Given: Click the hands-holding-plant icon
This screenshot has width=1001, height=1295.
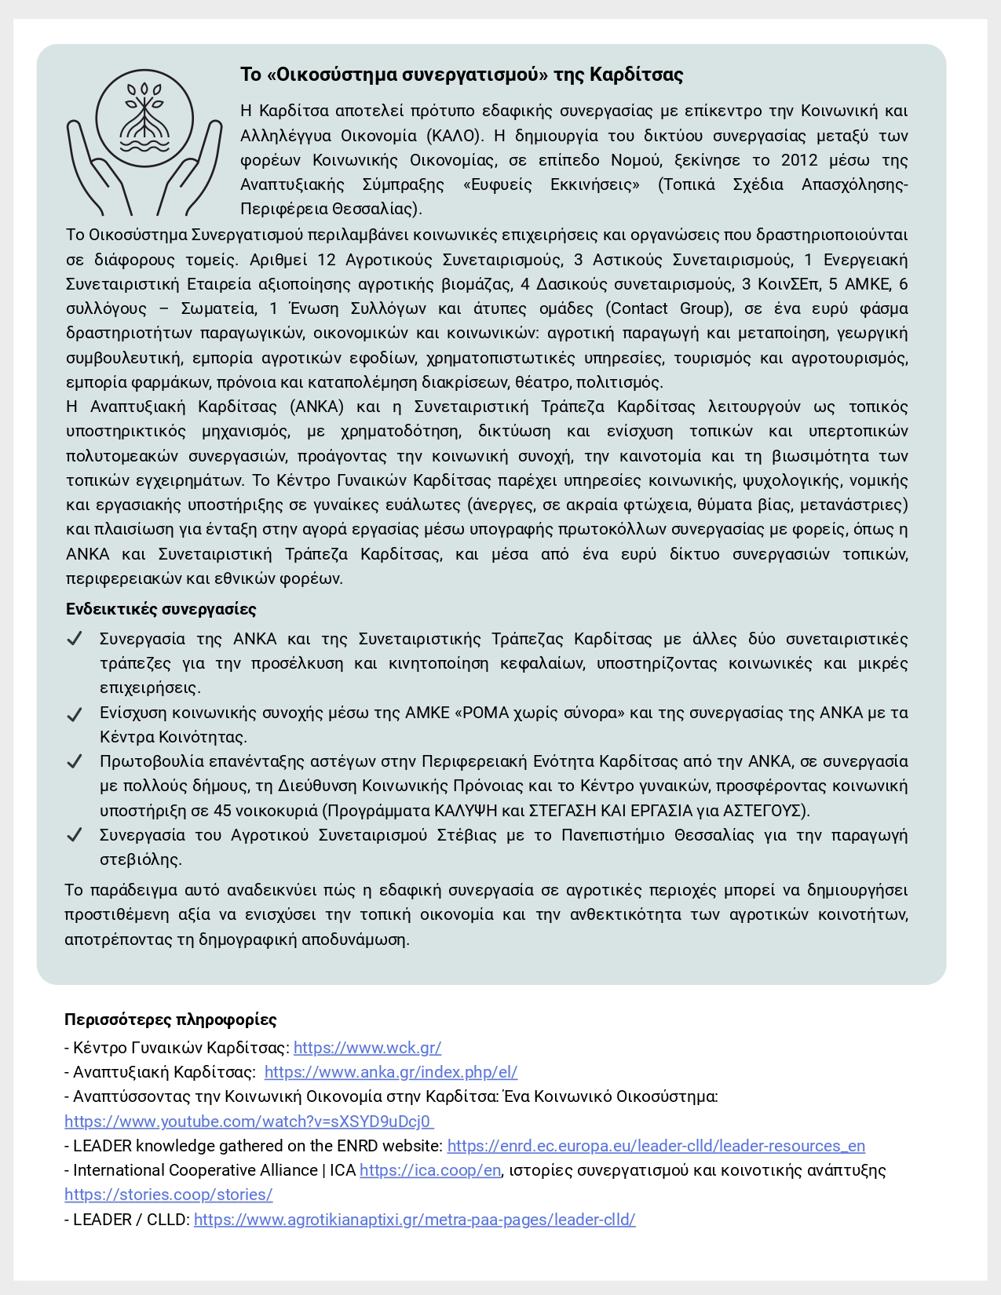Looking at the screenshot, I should pyautogui.click(x=144, y=141).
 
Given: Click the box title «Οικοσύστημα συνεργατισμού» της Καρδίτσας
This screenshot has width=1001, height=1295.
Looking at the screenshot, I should pyautogui.click(x=462, y=75).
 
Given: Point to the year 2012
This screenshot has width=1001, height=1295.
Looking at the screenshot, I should pyautogui.click(x=800, y=160).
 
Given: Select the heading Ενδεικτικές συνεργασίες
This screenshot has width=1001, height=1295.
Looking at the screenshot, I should pyautogui.click(x=161, y=609).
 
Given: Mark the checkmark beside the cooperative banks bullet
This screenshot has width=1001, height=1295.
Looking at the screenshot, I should pyautogui.click(x=75, y=639).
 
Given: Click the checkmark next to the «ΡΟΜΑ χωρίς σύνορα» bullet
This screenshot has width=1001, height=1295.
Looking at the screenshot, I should pyautogui.click(x=75, y=713).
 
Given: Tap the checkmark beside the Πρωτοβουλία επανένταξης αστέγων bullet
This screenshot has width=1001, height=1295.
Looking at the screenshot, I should pyautogui.click(x=75, y=761).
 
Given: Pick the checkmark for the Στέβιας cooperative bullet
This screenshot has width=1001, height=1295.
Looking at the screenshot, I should pyautogui.click(x=75, y=835).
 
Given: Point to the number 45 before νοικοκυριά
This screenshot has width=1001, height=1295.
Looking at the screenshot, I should pyautogui.click(x=222, y=810).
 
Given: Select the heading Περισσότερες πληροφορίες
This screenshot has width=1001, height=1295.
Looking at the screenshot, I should pyautogui.click(x=170, y=1020).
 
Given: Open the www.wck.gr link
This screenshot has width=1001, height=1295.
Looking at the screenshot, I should pyautogui.click(x=367, y=1048).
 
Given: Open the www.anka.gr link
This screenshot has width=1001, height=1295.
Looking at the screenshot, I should pyautogui.click(x=391, y=1072).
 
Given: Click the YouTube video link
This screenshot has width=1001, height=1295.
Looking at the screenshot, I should pyautogui.click(x=249, y=1122).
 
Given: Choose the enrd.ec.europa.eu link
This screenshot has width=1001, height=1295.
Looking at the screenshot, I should pyautogui.click(x=656, y=1146).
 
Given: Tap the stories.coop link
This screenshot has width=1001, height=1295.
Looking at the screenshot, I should pyautogui.click(x=169, y=1195).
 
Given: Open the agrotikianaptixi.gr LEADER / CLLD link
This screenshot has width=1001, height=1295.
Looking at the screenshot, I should pyautogui.click(x=415, y=1220).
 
